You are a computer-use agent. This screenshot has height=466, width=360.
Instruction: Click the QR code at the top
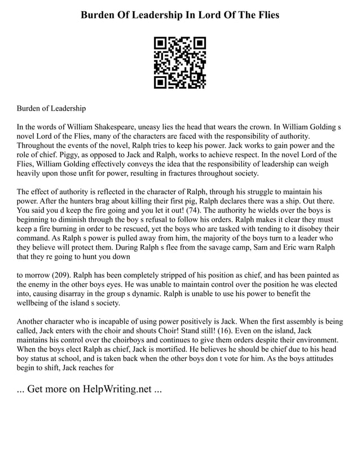click(180, 63)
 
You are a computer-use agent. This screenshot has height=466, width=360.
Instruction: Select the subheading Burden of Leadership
click(51, 108)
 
